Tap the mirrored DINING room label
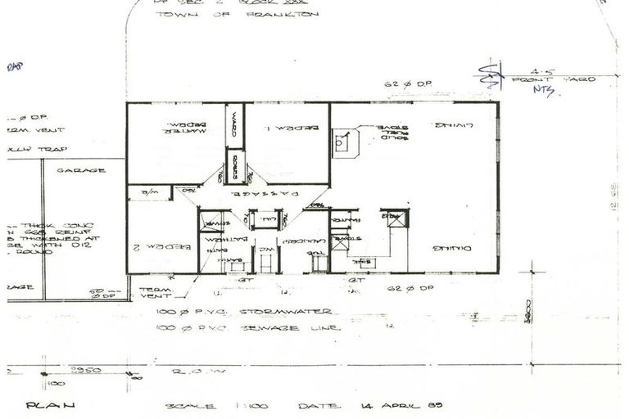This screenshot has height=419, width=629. click(x=450, y=247)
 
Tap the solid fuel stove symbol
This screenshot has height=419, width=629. click(x=345, y=142)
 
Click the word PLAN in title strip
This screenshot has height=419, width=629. click(x=50, y=404)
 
